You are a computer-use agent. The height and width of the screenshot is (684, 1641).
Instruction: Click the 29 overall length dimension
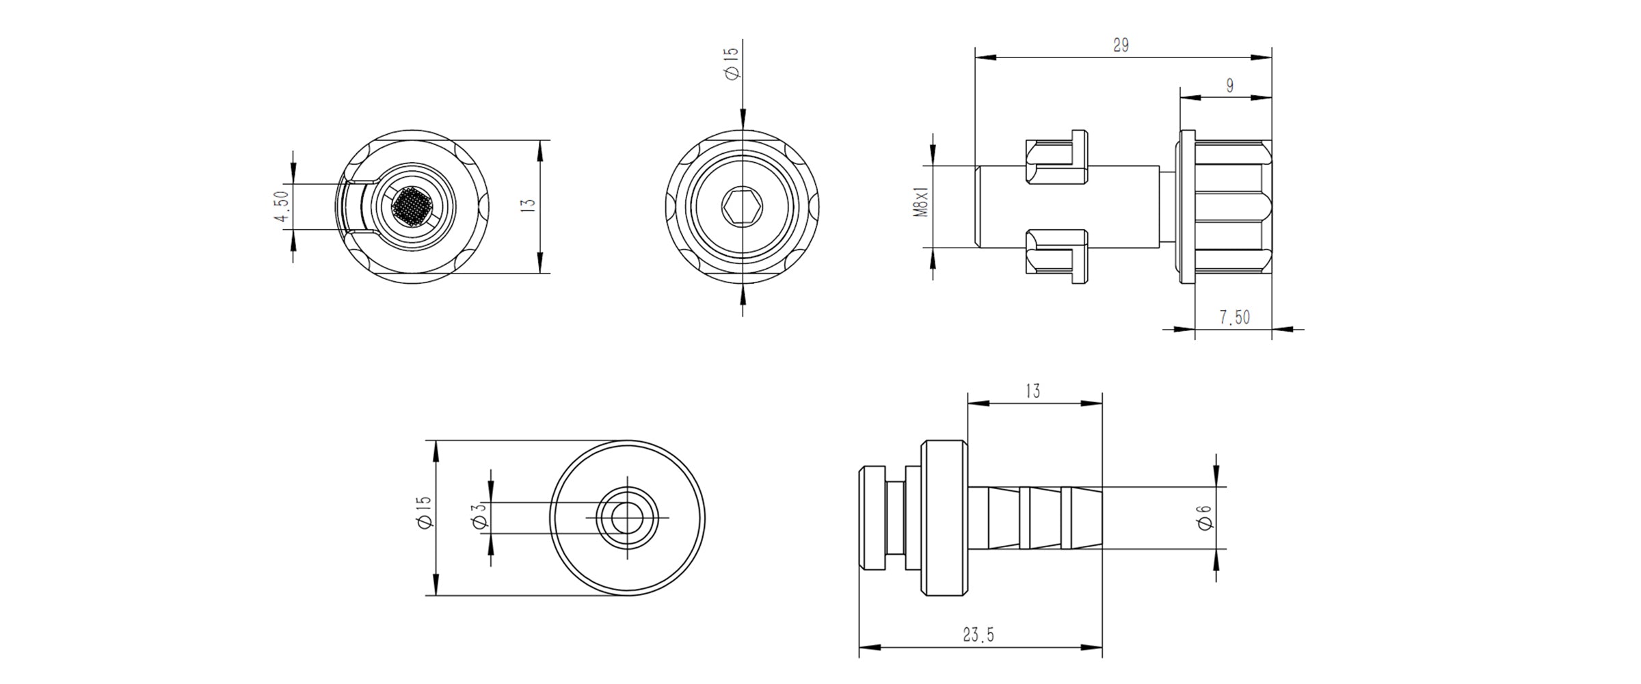click(x=1121, y=46)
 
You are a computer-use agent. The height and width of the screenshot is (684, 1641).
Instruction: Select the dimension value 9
click(x=1229, y=86)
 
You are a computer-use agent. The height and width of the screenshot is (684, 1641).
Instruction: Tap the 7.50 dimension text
click(x=1234, y=317)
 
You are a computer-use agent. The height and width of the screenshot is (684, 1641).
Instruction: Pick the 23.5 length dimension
click(x=978, y=635)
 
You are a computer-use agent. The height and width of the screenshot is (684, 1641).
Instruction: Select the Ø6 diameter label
click(x=1205, y=517)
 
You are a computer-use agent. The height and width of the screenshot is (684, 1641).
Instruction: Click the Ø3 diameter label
click(x=479, y=516)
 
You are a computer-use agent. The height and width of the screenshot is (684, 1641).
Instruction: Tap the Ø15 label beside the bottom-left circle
click(x=423, y=512)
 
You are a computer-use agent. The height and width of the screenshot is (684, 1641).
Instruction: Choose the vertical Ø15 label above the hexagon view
click(x=731, y=63)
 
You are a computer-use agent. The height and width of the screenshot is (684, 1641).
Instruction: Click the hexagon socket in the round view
click(x=743, y=206)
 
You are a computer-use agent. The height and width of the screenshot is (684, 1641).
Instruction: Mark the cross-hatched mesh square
click(x=412, y=206)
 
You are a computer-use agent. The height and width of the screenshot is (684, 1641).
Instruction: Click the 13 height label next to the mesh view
click(x=527, y=206)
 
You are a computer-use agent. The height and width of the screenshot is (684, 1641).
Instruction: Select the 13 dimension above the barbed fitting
click(x=1032, y=391)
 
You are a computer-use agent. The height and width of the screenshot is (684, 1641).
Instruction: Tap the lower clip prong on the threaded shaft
click(x=1057, y=254)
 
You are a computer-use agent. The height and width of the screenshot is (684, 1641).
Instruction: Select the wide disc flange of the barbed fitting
click(x=944, y=518)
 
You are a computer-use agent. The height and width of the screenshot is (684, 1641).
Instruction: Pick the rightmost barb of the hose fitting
click(x=1086, y=518)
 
